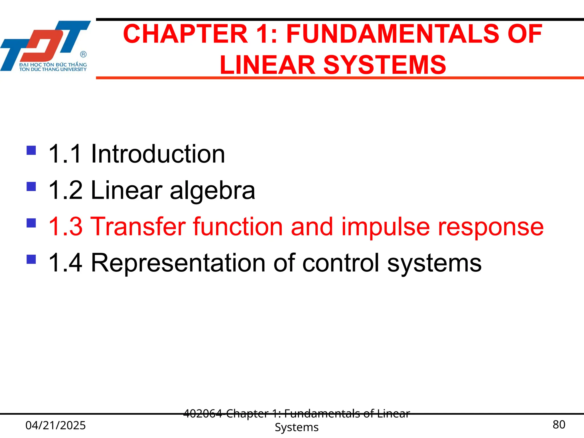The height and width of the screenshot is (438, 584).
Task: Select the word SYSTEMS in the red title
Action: tap(385, 65)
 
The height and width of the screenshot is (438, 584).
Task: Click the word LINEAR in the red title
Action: tap(267, 65)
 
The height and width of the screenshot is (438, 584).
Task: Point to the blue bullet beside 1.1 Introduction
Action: tap(31, 150)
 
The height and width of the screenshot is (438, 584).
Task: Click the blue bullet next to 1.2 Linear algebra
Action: tap(31, 186)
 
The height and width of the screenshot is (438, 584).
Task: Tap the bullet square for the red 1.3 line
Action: tap(31, 223)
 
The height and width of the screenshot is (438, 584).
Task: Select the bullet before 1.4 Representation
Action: tap(31, 259)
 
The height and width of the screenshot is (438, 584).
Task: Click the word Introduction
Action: tap(158, 154)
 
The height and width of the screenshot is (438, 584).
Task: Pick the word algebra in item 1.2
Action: tap(212, 190)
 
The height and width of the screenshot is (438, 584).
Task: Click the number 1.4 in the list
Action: tap(65, 263)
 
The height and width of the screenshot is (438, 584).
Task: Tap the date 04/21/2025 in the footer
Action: tap(56, 425)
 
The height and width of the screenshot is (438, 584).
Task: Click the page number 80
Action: tap(559, 425)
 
